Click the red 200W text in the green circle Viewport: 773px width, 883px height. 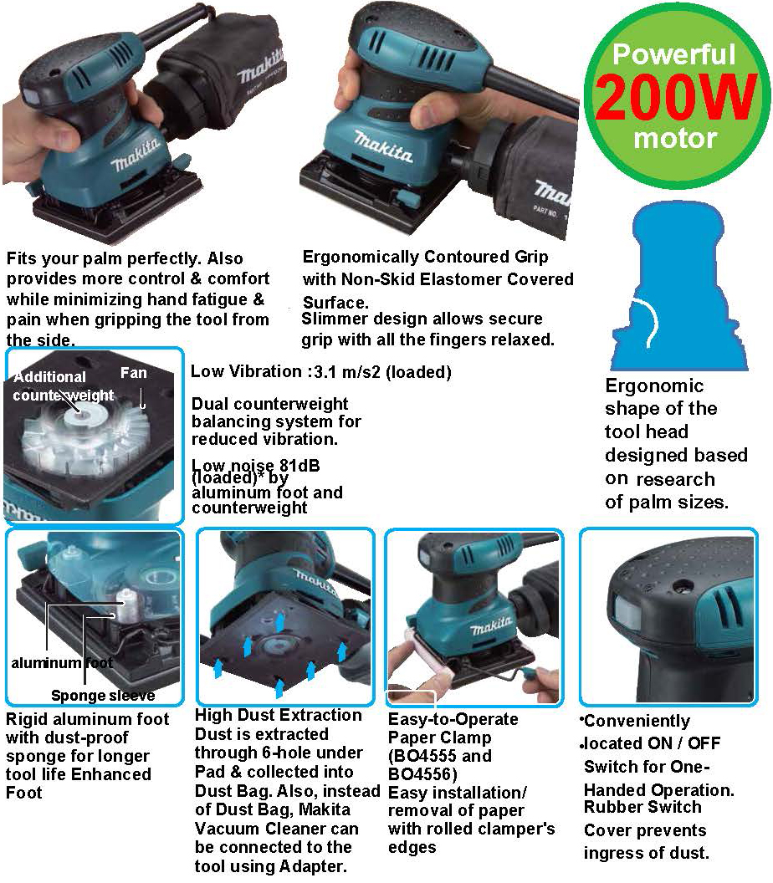(x=675, y=96)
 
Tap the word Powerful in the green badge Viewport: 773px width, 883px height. (x=673, y=54)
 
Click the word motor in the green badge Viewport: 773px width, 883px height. (x=675, y=138)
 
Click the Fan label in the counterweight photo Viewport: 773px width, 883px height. (x=134, y=373)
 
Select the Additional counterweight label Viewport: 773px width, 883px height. (x=63, y=385)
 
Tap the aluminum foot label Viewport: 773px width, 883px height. (x=62, y=663)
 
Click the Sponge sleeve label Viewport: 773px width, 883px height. (x=103, y=696)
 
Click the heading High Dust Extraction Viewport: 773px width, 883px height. (x=279, y=715)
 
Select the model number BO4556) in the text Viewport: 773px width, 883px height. (x=422, y=773)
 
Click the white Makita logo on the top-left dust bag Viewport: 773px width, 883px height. (x=259, y=68)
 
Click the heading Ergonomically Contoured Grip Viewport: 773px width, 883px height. (x=425, y=257)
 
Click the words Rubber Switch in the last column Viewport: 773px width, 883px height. (x=642, y=807)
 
